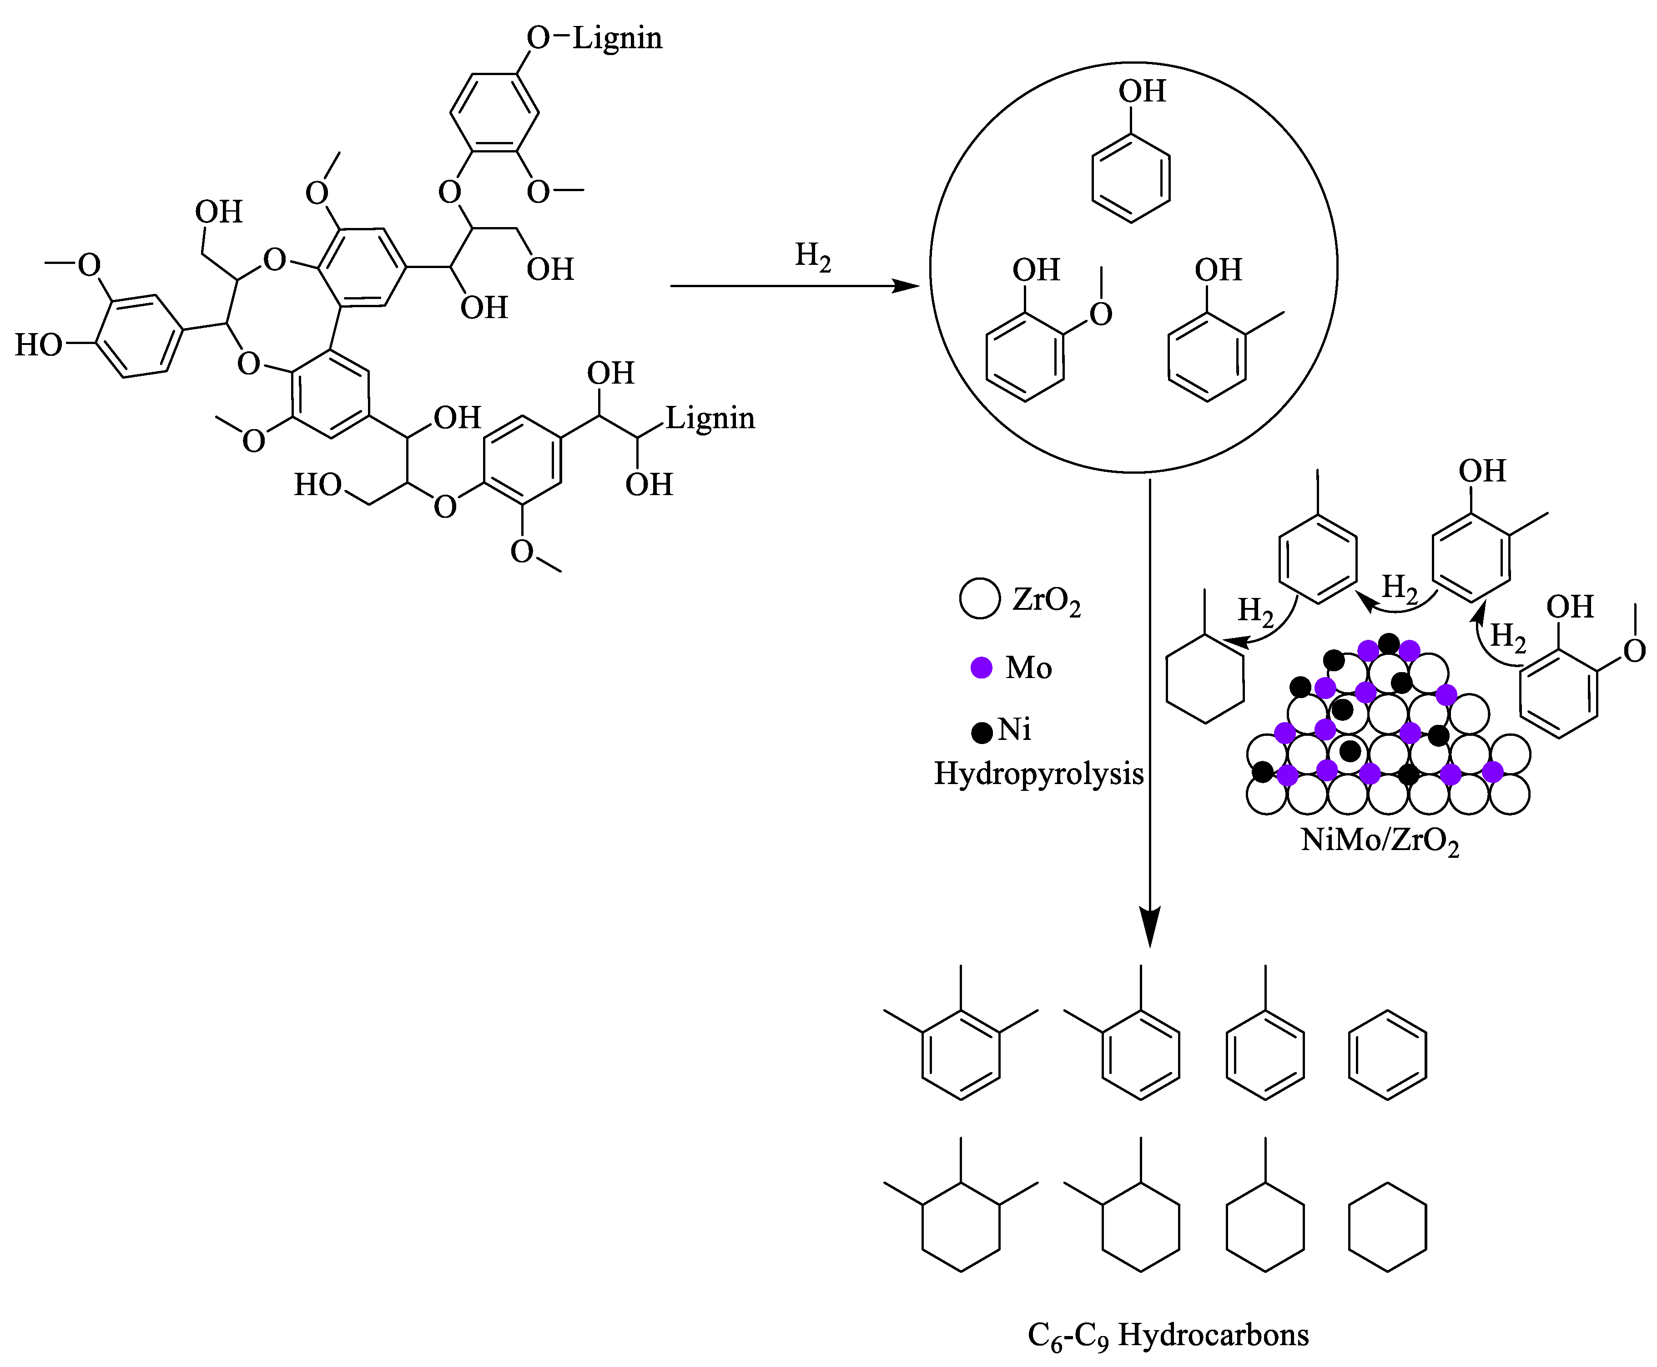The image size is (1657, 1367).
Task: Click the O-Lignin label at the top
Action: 594,38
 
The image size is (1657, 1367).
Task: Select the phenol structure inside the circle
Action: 1131,177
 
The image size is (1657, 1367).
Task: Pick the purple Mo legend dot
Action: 981,668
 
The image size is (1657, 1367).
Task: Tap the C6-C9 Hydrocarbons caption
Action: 1168,1335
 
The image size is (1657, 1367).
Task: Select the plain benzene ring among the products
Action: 1387,1054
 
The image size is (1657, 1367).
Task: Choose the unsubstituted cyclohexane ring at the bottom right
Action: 1387,1226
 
